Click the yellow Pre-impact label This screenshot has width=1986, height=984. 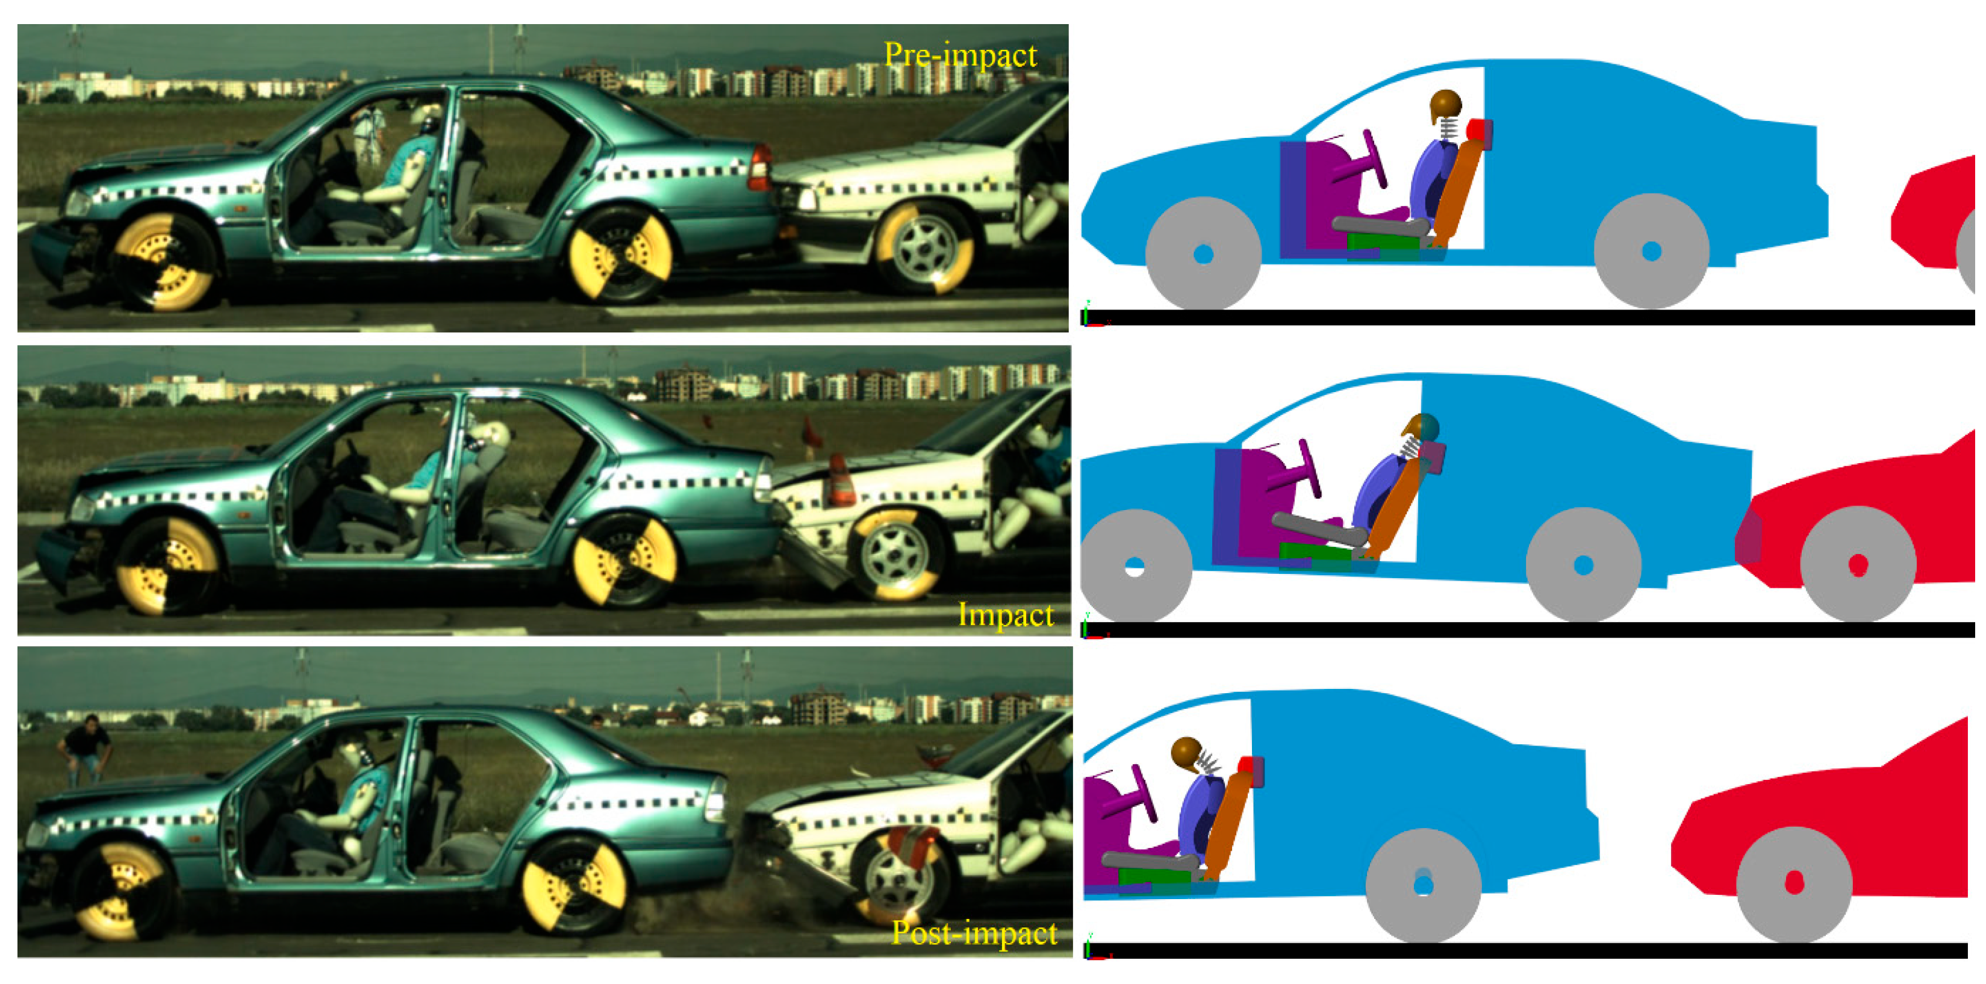[960, 55]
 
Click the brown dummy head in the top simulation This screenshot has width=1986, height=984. [1446, 105]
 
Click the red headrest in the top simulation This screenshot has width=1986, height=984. [1480, 131]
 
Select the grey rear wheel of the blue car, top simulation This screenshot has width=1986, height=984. [1651, 251]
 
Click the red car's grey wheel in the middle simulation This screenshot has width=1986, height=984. [1858, 564]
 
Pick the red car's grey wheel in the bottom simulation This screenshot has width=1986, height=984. [1794, 884]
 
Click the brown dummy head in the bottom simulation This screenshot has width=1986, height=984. [1188, 753]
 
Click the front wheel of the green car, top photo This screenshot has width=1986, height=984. [165, 259]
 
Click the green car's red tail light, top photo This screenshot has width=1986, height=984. [759, 168]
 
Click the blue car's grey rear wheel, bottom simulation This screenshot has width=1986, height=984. [1423, 885]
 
